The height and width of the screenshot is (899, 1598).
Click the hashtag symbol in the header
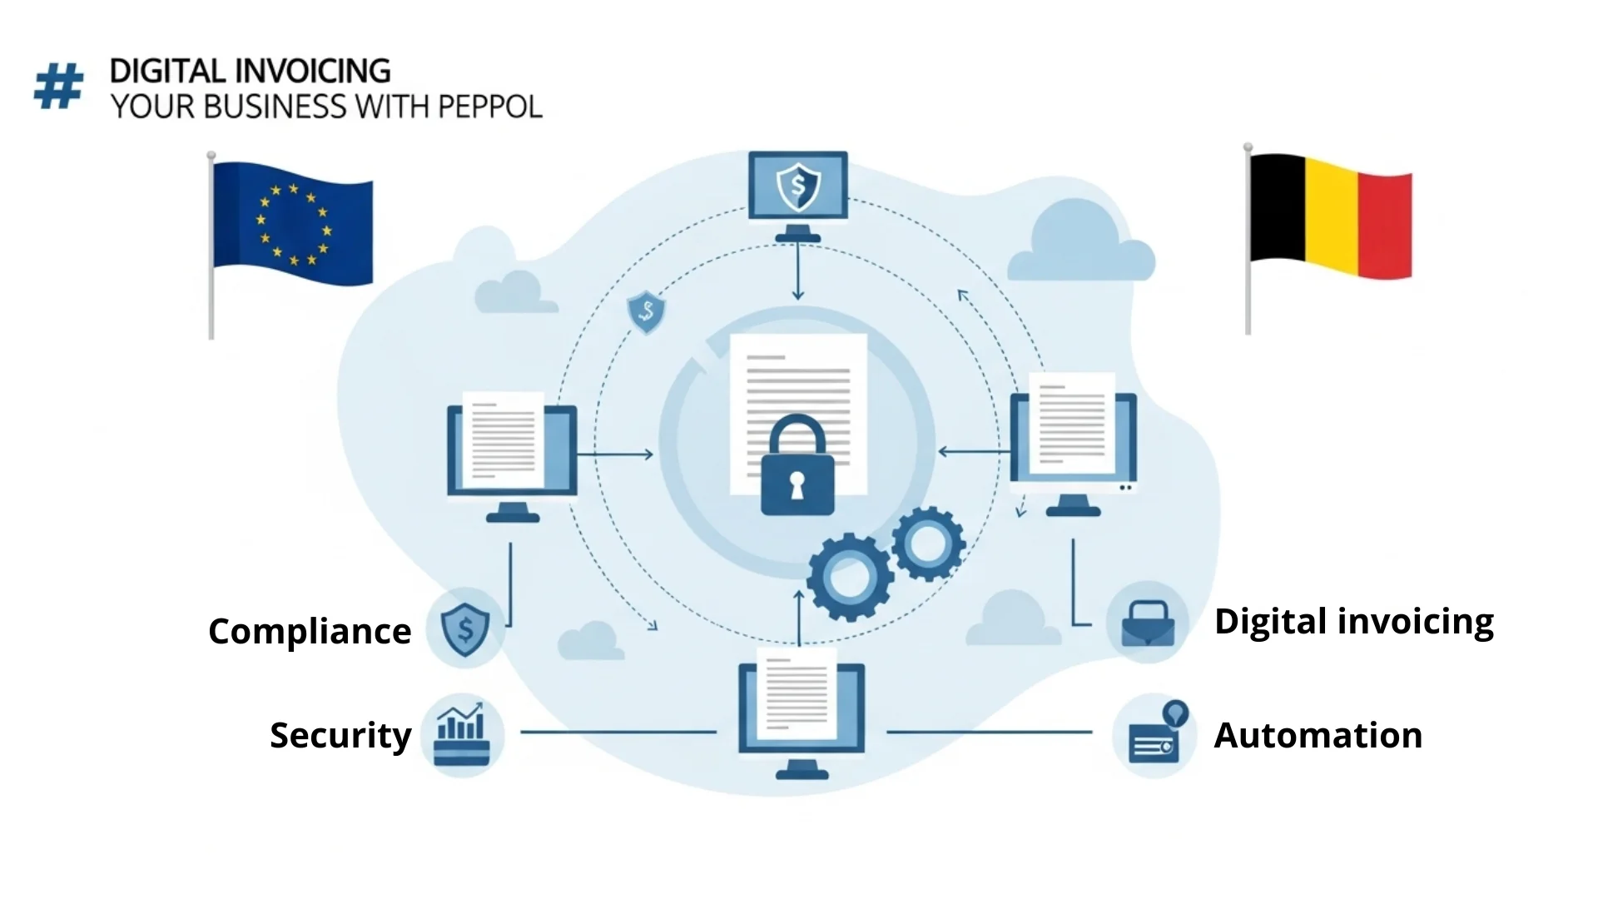click(x=59, y=87)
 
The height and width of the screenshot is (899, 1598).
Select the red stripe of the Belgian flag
click(x=1385, y=226)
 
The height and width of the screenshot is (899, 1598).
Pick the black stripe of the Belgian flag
click(x=1277, y=207)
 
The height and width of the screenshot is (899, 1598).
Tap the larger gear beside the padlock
click(x=850, y=577)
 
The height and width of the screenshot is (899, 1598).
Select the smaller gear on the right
click(x=928, y=544)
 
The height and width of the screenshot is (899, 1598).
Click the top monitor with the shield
click(x=798, y=196)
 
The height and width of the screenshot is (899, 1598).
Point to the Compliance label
click(x=310, y=631)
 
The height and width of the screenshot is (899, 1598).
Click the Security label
click(x=340, y=735)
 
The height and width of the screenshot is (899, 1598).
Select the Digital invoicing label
click(x=1354, y=622)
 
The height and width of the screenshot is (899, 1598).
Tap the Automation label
click(x=1318, y=735)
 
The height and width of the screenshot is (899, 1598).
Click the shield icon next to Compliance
click(x=465, y=628)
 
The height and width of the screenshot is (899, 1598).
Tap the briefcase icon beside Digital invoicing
click(x=1148, y=623)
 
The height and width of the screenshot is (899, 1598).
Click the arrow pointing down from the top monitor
click(x=798, y=271)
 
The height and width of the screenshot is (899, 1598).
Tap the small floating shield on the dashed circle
click(x=646, y=313)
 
